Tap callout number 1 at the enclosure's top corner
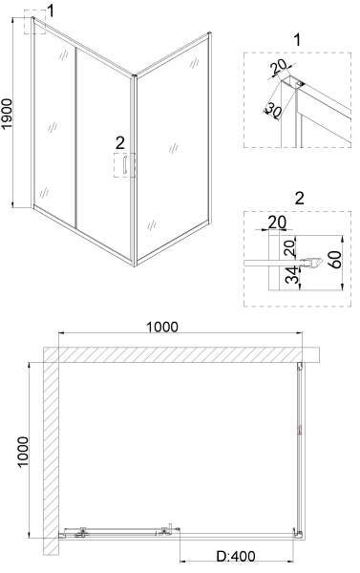51,11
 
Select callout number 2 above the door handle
120,142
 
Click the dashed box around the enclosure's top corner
35,22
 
